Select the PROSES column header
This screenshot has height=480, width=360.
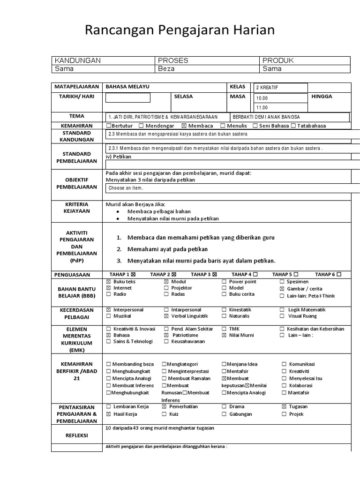coord(173,60)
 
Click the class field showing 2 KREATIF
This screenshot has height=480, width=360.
coord(280,88)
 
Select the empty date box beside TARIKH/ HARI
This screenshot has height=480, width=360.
coord(127,97)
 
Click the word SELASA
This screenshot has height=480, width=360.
coord(183,96)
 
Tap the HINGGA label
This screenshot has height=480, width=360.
coord(322,96)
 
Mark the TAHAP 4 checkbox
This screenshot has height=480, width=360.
coord(255,274)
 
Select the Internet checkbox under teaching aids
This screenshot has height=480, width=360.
coord(109,288)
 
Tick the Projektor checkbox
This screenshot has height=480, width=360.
coord(166,288)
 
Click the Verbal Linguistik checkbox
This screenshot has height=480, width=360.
coord(166,317)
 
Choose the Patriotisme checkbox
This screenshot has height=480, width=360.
coord(166,336)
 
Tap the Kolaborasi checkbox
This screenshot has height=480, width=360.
coord(284,386)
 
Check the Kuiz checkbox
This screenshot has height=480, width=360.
coord(165,414)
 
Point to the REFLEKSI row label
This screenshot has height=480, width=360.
coord(76,435)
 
